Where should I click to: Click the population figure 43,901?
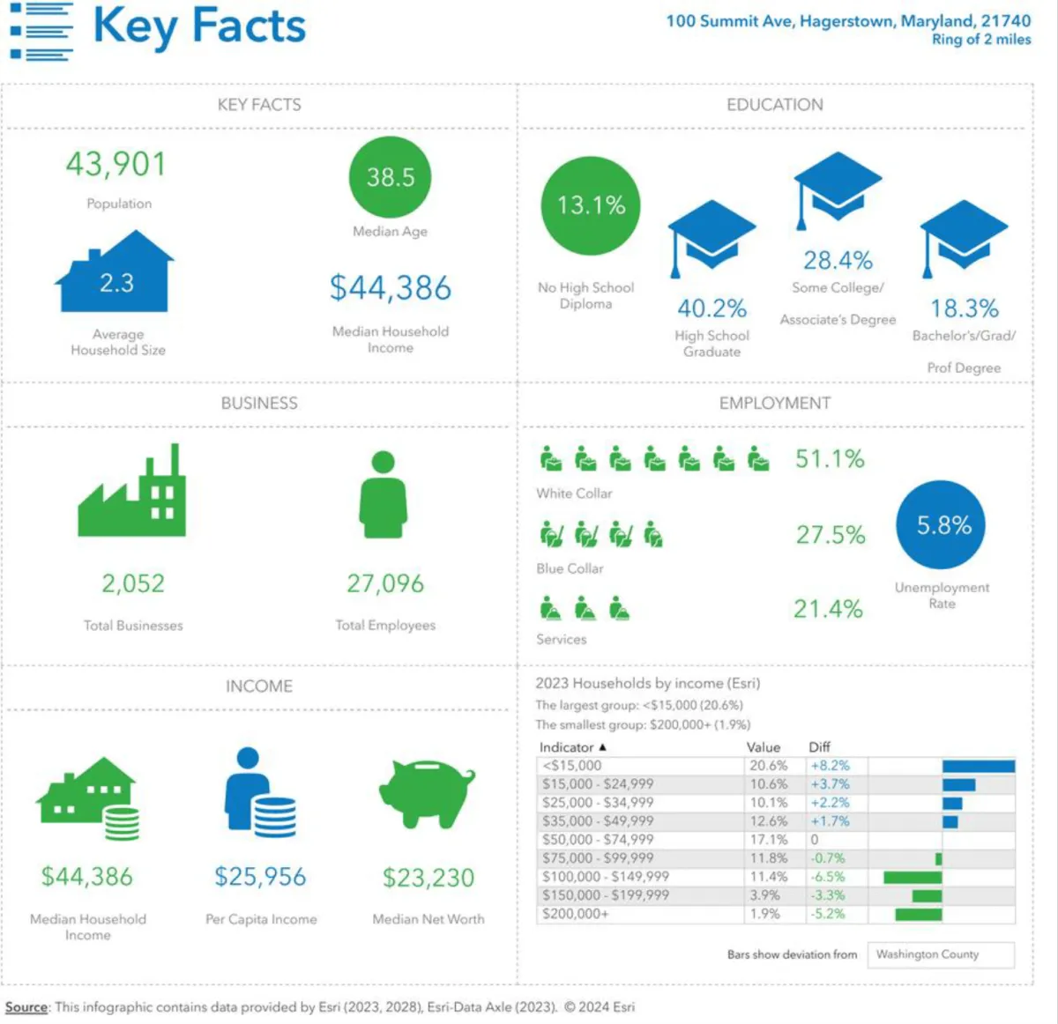click(115, 165)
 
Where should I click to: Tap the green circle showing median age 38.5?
click(390, 177)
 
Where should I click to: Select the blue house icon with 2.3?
click(115, 274)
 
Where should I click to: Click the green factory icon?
click(132, 493)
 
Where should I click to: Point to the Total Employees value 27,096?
click(385, 583)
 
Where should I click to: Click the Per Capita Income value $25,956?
click(260, 877)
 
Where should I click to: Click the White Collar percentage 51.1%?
click(830, 459)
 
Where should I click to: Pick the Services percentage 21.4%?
click(828, 609)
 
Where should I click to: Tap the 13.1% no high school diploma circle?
click(590, 206)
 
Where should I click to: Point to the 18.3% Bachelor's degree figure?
click(965, 308)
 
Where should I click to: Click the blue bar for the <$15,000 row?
click(978, 767)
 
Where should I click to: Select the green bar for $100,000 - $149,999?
click(913, 878)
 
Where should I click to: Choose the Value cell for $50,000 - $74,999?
click(769, 840)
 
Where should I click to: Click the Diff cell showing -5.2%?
click(828, 914)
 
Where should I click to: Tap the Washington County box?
click(940, 954)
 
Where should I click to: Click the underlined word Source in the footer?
click(26, 1007)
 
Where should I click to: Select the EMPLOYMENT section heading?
click(774, 404)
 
